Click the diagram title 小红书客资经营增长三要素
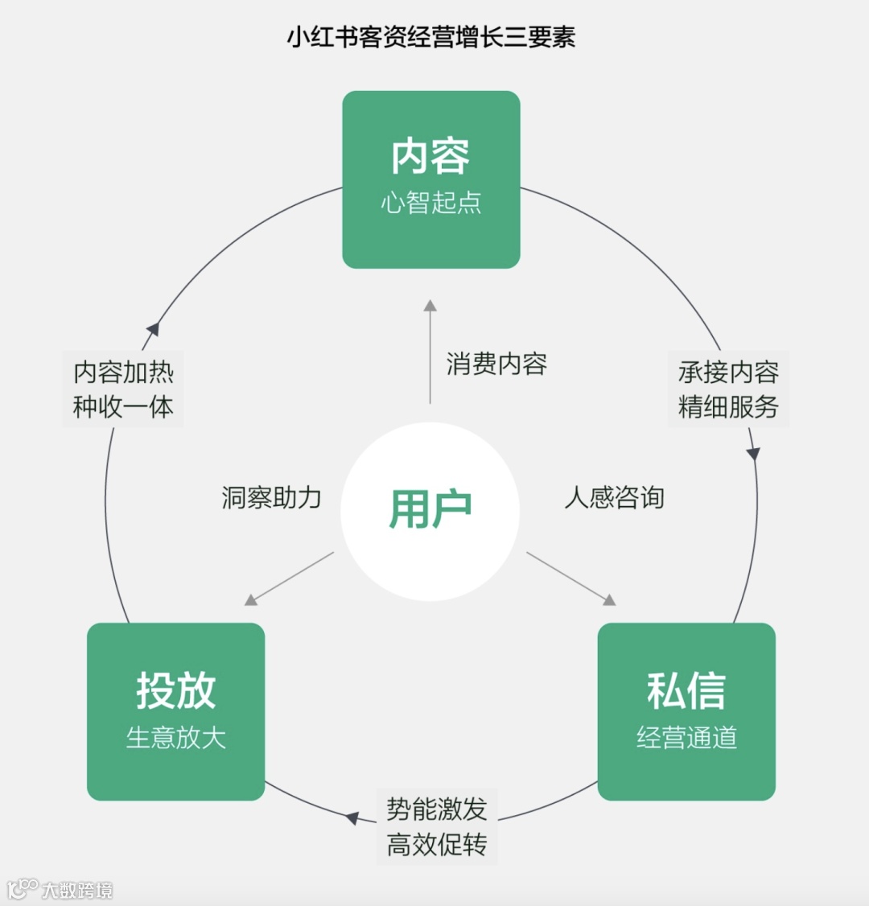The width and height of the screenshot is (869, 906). (x=431, y=37)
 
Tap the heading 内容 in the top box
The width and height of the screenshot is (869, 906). (x=431, y=156)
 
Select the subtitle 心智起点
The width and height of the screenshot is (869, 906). (x=431, y=202)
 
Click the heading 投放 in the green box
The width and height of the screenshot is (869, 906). (x=175, y=690)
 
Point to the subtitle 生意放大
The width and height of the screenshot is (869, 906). (x=175, y=737)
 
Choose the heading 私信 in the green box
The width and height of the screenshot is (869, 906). (x=686, y=690)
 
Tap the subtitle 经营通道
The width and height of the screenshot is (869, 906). (x=686, y=737)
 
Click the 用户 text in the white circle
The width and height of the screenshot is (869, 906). (x=430, y=509)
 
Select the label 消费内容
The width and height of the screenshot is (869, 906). (x=496, y=364)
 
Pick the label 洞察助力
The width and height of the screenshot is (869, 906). (x=271, y=497)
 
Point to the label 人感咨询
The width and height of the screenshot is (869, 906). (x=614, y=497)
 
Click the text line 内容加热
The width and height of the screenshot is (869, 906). (x=123, y=372)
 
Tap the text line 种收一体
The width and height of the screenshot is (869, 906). (x=123, y=406)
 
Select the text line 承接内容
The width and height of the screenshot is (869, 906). (x=728, y=372)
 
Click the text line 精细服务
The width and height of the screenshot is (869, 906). (x=728, y=406)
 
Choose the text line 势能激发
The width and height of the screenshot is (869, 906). (x=436, y=809)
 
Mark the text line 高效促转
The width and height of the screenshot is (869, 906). (x=436, y=845)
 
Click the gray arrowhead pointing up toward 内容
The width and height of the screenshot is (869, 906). (x=430, y=306)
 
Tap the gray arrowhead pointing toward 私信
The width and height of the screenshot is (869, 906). (x=610, y=599)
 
